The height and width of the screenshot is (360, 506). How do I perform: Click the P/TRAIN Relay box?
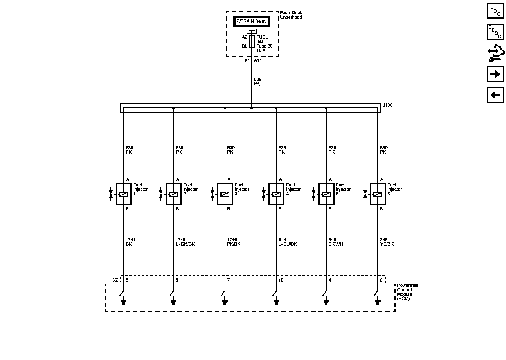tap(251, 22)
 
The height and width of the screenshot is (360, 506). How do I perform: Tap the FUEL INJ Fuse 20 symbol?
tap(252, 41)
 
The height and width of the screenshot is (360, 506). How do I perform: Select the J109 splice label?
tap(388, 105)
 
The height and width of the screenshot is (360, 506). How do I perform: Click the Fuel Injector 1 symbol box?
tap(124, 194)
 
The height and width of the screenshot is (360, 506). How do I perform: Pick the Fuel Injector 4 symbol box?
tap(276, 194)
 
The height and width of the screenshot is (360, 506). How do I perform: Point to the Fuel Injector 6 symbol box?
tap(378, 194)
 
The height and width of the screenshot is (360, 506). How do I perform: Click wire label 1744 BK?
tap(130, 242)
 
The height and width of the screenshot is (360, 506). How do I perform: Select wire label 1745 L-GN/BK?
tap(185, 242)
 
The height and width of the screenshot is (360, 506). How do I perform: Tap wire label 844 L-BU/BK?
tap(288, 242)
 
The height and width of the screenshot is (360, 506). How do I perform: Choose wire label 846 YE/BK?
tap(387, 242)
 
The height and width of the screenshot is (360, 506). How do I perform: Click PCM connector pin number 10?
tap(281, 280)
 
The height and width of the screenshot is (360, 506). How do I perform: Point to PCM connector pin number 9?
tap(177, 280)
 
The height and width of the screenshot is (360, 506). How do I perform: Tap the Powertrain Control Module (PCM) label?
tap(408, 292)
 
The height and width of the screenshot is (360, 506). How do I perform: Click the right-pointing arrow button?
tap(495, 74)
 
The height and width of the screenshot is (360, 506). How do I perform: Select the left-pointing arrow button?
tap(495, 95)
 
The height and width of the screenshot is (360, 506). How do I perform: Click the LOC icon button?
tap(495, 11)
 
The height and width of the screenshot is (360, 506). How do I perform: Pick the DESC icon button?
tap(495, 32)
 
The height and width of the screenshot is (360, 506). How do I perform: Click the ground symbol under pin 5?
tap(123, 302)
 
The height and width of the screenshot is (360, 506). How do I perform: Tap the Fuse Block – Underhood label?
tap(292, 15)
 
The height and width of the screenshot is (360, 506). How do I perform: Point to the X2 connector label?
tap(116, 280)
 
